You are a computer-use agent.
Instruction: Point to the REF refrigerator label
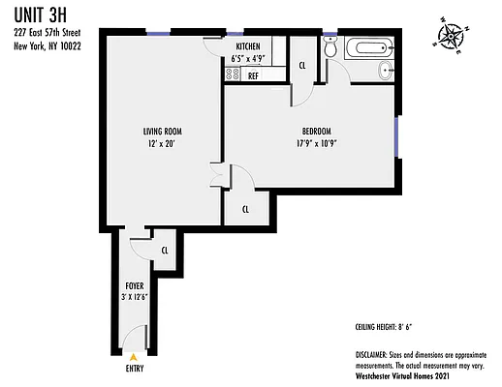click(x=254, y=74)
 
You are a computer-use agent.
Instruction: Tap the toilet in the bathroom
click(x=331, y=49)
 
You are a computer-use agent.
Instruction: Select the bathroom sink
click(x=388, y=69)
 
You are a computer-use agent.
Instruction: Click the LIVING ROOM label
click(x=160, y=132)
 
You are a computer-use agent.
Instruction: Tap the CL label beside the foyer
click(x=165, y=251)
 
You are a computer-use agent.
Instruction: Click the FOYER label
click(x=135, y=285)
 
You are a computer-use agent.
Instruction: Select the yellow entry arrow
click(x=133, y=356)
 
